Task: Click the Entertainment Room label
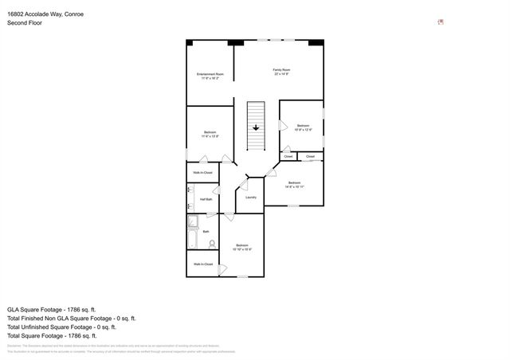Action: [x=210, y=74]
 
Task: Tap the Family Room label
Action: [x=281, y=70]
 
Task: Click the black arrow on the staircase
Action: [x=256, y=127]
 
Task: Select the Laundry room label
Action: [x=250, y=197]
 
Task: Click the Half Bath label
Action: [x=206, y=199]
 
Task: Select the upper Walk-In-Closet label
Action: [x=202, y=172]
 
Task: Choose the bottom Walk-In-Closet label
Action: [x=202, y=264]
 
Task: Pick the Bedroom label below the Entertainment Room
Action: [x=210, y=132]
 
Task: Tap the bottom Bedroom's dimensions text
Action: [x=243, y=249]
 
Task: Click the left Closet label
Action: [x=288, y=156]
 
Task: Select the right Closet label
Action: [x=310, y=156]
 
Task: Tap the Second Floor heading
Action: [x=25, y=23]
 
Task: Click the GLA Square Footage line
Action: [x=52, y=307]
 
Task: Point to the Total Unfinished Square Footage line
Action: [x=61, y=327]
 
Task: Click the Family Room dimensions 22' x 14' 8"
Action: [x=281, y=74]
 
